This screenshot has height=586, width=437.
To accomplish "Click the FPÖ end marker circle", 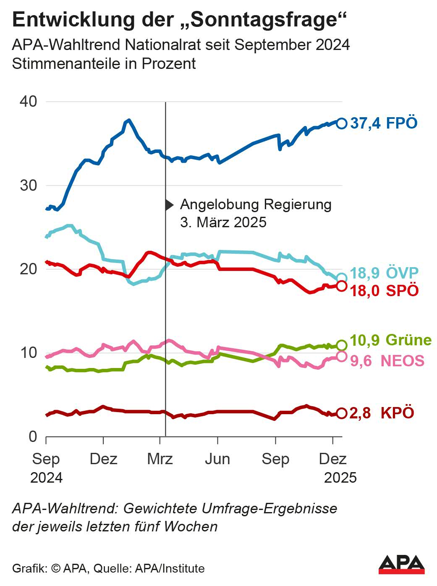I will coord(342,123).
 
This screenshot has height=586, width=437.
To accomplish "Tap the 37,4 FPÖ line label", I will coord(384,123).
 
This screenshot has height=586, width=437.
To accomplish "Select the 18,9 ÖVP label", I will coord(384,273).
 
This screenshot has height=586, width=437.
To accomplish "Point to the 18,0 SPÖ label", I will coord(384,290).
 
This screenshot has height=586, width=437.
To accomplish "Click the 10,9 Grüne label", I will coord(390,340).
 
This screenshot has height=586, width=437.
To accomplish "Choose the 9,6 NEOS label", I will coord(387,361).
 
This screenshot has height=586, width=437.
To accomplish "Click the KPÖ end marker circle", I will coord(342,413).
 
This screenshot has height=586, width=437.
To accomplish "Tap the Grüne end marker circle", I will coord(342,345).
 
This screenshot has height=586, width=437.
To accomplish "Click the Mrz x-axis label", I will coord(160,459).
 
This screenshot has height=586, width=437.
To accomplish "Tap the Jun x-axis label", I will coord(217,459).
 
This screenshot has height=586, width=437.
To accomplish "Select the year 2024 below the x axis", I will coord(46,478).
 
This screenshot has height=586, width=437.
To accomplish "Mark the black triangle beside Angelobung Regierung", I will coord(169,205).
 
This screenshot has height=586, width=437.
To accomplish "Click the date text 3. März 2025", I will coord(223,222).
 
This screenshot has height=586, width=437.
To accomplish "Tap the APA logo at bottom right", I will coord(401,565).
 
